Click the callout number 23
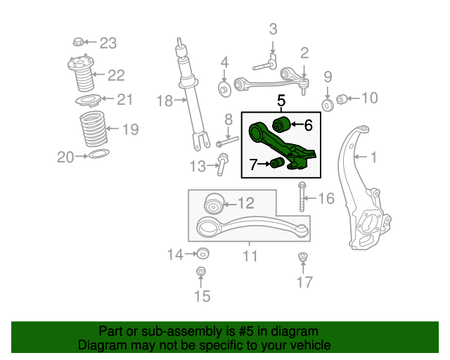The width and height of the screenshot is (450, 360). (x=108, y=44)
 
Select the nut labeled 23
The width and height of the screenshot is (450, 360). (x=78, y=42)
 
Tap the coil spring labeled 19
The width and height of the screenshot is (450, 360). (x=93, y=129)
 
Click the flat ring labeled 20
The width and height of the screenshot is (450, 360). (x=99, y=153)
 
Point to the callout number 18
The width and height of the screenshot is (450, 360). (x=165, y=101)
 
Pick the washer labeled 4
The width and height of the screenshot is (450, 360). (x=225, y=89)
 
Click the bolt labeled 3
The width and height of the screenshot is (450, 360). (x=265, y=65)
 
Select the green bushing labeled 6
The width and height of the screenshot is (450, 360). (x=281, y=124)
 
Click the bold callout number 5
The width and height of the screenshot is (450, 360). (x=281, y=101)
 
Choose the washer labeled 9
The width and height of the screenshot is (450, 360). (x=328, y=105)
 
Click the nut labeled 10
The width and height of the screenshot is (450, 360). (x=341, y=99)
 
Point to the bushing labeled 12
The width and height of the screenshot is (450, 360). (x=214, y=203)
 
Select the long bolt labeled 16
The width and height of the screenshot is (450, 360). (x=302, y=197)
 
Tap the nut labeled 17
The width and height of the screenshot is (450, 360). (x=302, y=257)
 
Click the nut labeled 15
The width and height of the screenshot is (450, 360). (x=200, y=271)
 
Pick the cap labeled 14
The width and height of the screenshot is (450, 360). (x=203, y=253)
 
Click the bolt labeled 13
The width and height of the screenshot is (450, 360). (x=222, y=165)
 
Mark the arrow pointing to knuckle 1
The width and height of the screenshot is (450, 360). (x=361, y=157)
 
